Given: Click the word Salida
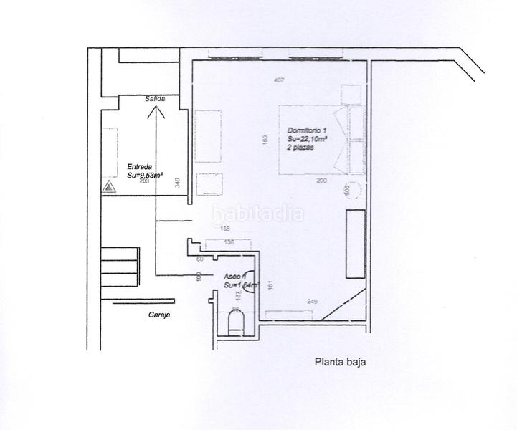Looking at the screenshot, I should click(155, 99).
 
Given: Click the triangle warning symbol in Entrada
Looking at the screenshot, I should click(108, 187).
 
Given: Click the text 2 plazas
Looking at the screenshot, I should click(301, 147).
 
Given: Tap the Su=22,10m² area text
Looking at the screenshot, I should click(307, 138).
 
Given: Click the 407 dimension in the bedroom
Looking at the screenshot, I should click(279, 80).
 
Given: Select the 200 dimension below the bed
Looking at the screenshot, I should click(321, 181).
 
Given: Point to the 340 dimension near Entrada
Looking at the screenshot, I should click(176, 183).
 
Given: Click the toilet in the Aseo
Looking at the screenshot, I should click(235, 322).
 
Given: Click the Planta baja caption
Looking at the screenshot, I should click(341, 362).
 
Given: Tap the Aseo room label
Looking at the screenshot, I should click(234, 276).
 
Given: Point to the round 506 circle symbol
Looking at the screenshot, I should click(346, 190).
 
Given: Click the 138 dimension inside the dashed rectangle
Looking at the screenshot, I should click(229, 243).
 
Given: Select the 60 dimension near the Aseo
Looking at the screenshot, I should click(200, 259).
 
